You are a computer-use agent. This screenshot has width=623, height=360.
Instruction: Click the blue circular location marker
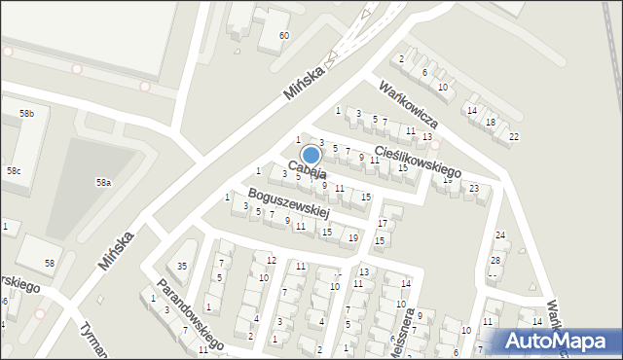pyautogui.click(x=311, y=155)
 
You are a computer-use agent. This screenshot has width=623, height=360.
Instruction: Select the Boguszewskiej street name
pyautogui.click(x=288, y=202)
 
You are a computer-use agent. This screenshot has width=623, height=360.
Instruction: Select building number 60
pyautogui.click(x=283, y=36)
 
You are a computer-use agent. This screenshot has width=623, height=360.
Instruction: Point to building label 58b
pyautogui.click(x=26, y=114)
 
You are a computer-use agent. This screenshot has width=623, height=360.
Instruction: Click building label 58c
pyautogui.click(x=14, y=171)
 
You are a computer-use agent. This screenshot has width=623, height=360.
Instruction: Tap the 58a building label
pyautogui.click(x=102, y=182)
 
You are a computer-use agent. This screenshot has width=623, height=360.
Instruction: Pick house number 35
pyautogui.click(x=181, y=267)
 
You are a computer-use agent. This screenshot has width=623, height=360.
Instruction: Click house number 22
pyautogui.click(x=514, y=135)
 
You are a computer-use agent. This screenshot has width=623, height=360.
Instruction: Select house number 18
pyautogui.click(x=491, y=122)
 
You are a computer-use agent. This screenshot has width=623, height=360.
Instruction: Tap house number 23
pyautogui.click(x=474, y=188)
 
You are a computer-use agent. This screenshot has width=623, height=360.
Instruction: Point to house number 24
pyautogui.click(x=500, y=235)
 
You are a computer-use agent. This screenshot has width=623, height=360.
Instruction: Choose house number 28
pyautogui.click(x=495, y=260)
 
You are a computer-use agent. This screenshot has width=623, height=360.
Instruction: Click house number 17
pyautogui.click(x=383, y=223)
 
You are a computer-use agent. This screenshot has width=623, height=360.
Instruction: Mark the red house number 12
pyautogui.click(x=272, y=260)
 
